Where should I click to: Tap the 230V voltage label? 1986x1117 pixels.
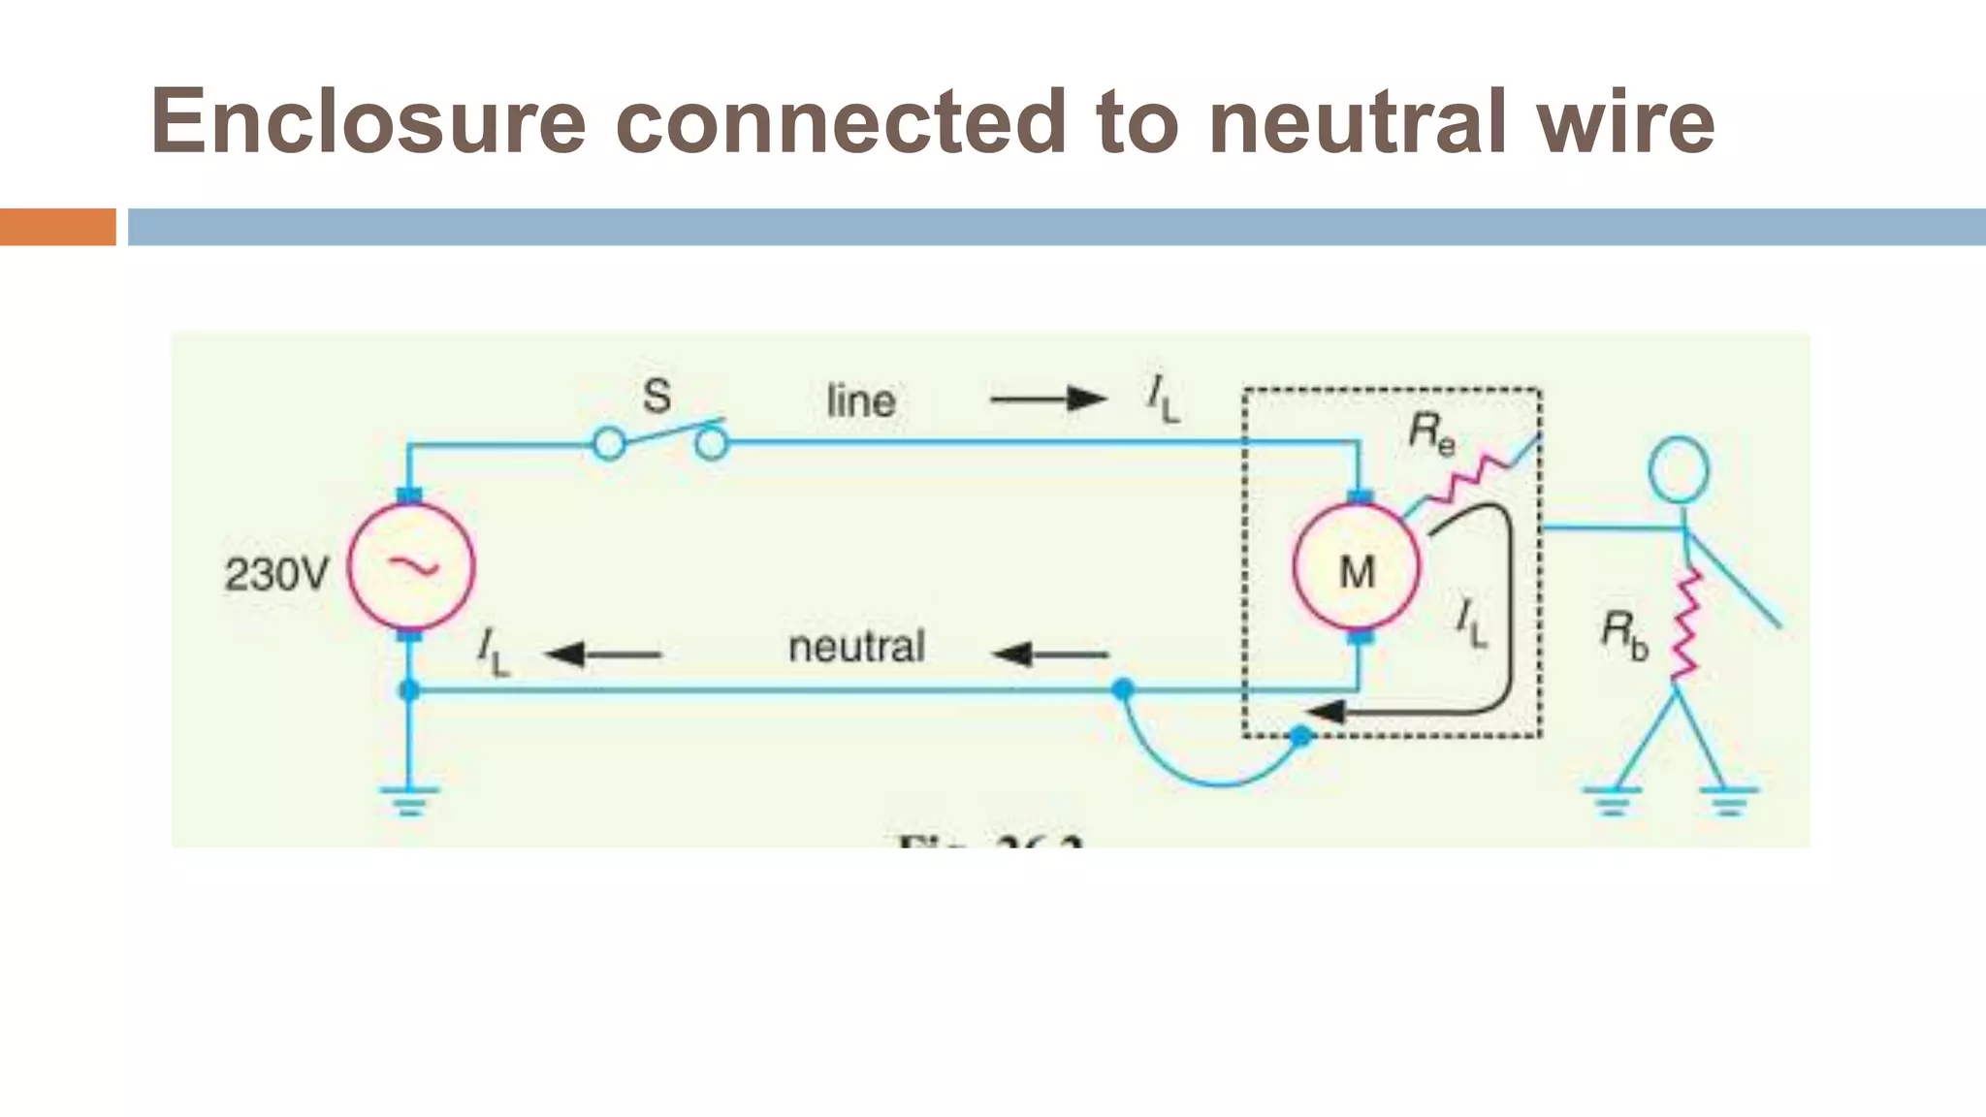(x=277, y=574)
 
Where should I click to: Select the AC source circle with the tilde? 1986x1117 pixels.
(x=411, y=566)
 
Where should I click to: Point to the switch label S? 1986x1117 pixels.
(x=657, y=397)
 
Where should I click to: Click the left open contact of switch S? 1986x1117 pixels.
(x=609, y=444)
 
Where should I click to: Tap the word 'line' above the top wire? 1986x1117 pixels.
(x=860, y=401)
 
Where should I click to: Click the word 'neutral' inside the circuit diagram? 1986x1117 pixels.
(x=856, y=647)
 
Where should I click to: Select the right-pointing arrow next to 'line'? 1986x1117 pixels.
(x=1048, y=399)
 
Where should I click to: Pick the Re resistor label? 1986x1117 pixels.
(x=1431, y=432)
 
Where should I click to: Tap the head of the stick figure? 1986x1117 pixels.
(x=1679, y=469)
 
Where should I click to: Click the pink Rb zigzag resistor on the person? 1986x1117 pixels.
(x=1687, y=624)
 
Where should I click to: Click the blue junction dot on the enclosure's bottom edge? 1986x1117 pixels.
(x=1300, y=737)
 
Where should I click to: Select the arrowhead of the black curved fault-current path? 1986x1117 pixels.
(x=1324, y=713)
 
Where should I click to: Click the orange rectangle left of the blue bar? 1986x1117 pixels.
(x=57, y=227)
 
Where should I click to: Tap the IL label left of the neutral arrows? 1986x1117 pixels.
(x=493, y=651)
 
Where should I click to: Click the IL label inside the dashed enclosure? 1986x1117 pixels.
(x=1471, y=622)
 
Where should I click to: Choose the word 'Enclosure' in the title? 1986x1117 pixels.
(x=368, y=122)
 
